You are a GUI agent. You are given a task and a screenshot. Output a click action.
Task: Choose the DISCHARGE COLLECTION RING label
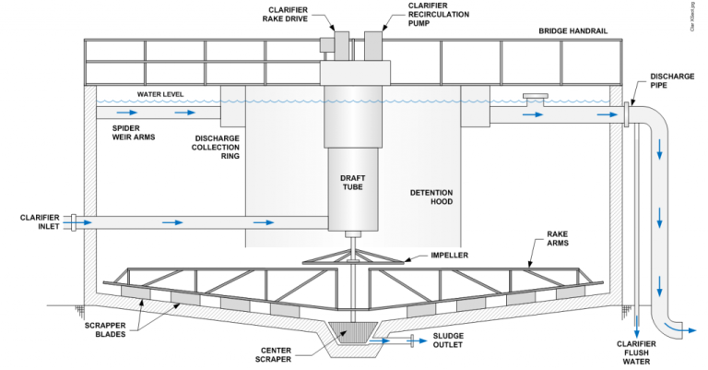(x=217, y=148)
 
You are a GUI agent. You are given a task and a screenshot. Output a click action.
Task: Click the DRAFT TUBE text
(x=350, y=181)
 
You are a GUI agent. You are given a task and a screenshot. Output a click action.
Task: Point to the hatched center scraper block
(x=349, y=330)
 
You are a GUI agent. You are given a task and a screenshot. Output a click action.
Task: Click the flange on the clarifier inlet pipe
(x=75, y=222)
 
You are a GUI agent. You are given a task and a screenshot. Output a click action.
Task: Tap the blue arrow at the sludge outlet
(x=380, y=340)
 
